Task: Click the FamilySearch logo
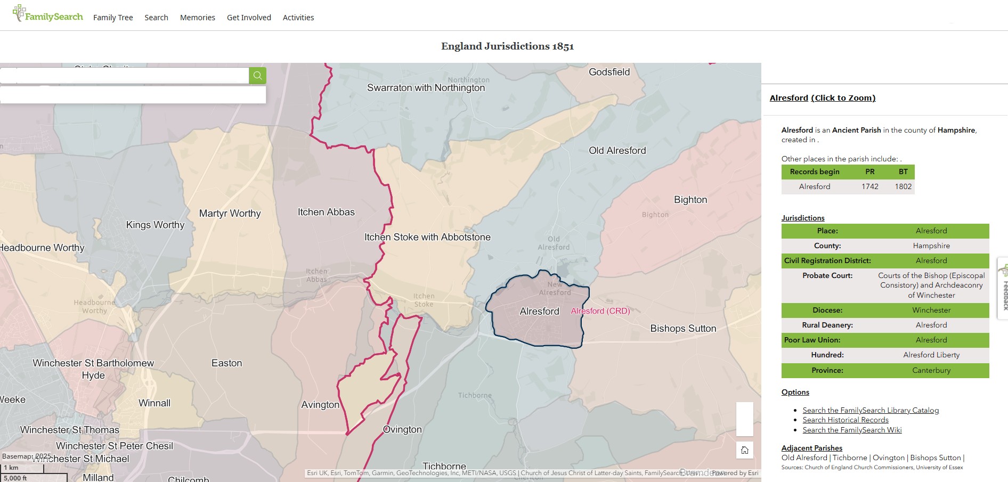[48, 15]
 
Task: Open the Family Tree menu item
[113, 18]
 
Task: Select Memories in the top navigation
[197, 18]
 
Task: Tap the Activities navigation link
[298, 18]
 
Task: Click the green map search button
[257, 76]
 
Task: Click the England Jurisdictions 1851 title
[507, 46]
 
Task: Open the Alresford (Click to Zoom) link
[822, 98]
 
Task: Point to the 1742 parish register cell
[869, 186]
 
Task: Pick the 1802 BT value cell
[903, 186]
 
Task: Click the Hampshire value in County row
[931, 246]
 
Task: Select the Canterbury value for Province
[931, 370]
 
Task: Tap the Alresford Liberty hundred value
[931, 355]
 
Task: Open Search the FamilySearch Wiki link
[852, 430]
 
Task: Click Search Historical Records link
[846, 420]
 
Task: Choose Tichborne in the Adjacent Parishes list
[849, 458]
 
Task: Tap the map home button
[744, 450]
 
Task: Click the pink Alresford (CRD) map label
[600, 311]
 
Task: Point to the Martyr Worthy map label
[230, 214]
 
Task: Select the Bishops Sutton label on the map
[683, 329]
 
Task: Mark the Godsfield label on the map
[609, 72]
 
